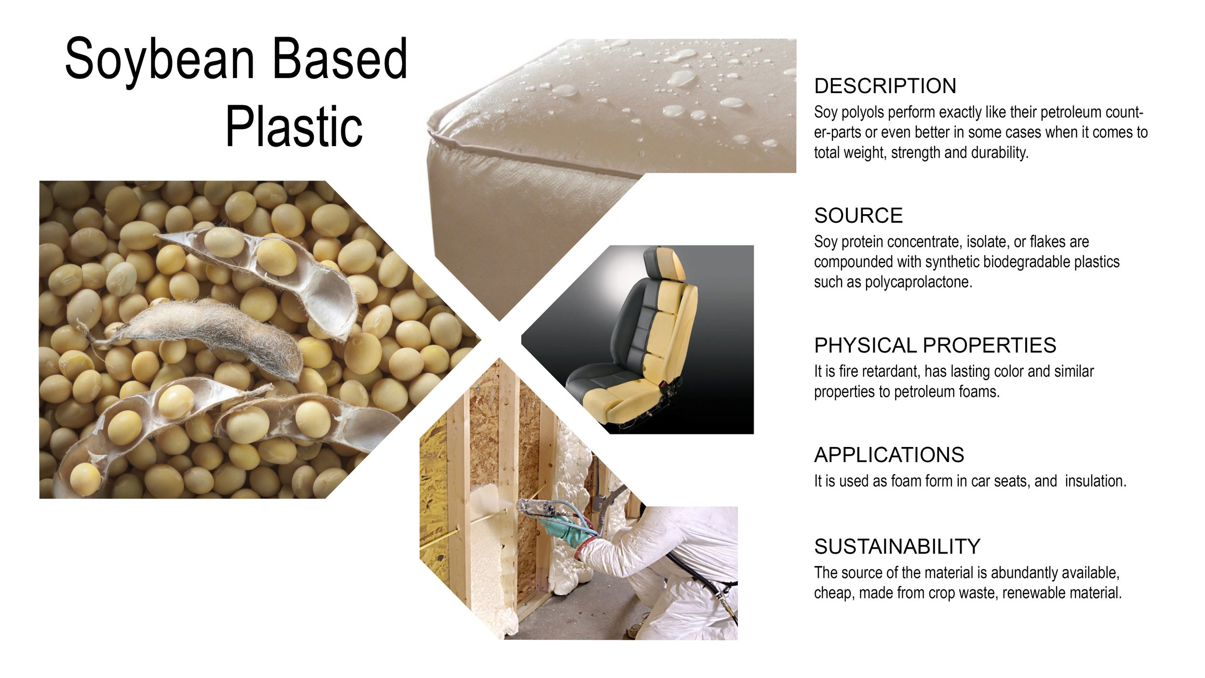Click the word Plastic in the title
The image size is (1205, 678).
point(294,127)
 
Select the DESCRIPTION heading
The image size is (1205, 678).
point(885,86)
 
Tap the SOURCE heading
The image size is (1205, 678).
point(858,216)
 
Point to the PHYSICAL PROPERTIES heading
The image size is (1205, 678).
point(935,345)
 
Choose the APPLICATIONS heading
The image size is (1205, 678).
point(889,455)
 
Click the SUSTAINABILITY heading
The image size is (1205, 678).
point(897,546)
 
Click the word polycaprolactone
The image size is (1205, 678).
point(918,282)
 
